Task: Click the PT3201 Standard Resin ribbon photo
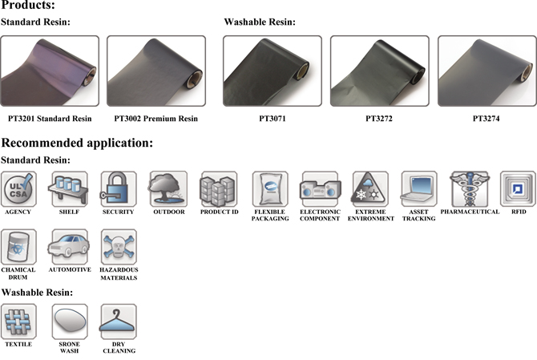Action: (x=50, y=71)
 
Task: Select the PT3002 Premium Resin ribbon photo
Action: (x=156, y=71)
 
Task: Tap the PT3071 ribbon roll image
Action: (x=273, y=71)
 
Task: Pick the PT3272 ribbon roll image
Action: (x=380, y=71)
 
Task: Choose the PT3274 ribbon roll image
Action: (x=487, y=71)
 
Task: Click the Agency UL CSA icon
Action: (x=18, y=189)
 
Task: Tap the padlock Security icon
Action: (x=118, y=189)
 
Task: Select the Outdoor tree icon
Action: (x=168, y=189)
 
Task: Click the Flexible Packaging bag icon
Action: (x=270, y=189)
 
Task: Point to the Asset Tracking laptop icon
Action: (x=419, y=189)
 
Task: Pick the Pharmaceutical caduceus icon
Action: (x=469, y=189)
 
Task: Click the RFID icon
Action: (x=517, y=189)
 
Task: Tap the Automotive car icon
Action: (x=68, y=247)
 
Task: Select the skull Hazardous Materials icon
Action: (x=119, y=247)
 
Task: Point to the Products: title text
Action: (x=28, y=6)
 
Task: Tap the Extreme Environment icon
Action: (x=370, y=189)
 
